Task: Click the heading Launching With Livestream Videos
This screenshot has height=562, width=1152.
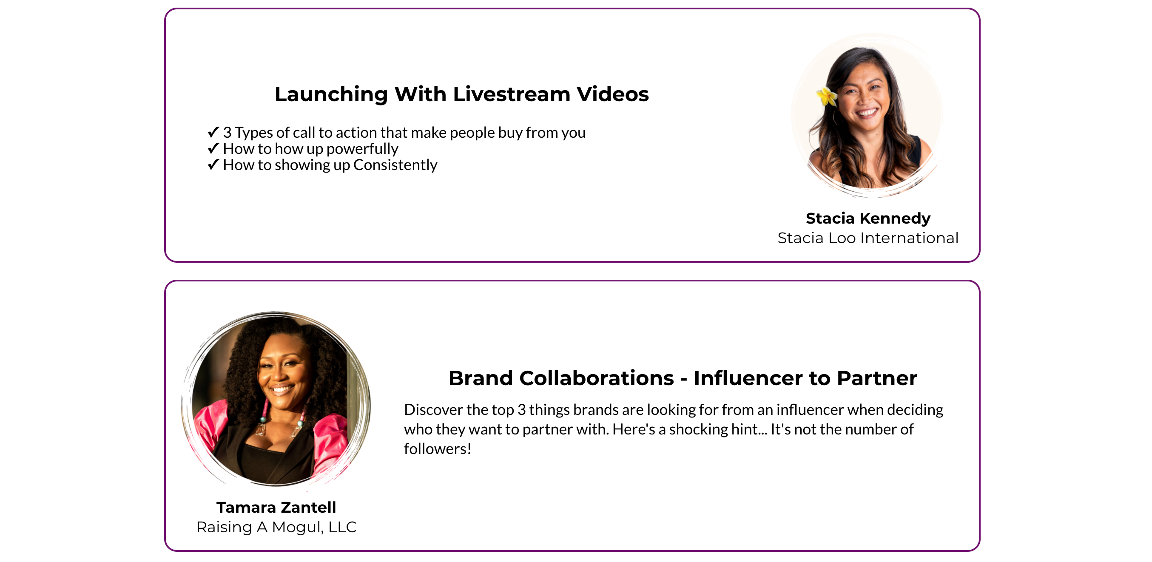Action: tap(461, 94)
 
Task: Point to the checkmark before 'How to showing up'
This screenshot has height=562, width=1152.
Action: tap(213, 165)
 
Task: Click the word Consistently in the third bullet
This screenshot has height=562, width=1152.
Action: tap(395, 165)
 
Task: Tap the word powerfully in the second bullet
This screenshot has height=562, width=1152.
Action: tap(362, 149)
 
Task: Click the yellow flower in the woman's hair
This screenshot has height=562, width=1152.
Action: tap(826, 96)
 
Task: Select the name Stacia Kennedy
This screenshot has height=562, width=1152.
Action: tap(868, 218)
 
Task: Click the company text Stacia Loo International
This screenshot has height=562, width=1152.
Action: tap(868, 238)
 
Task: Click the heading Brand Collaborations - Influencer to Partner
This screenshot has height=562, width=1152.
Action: tap(683, 378)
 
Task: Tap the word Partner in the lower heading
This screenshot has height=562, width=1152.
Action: tap(877, 378)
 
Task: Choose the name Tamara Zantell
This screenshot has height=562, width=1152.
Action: tap(276, 508)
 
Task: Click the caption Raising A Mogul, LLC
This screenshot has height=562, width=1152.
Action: tap(276, 527)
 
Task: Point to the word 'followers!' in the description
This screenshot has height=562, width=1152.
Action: tap(437, 449)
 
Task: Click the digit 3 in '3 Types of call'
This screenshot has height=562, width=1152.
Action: tap(227, 133)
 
